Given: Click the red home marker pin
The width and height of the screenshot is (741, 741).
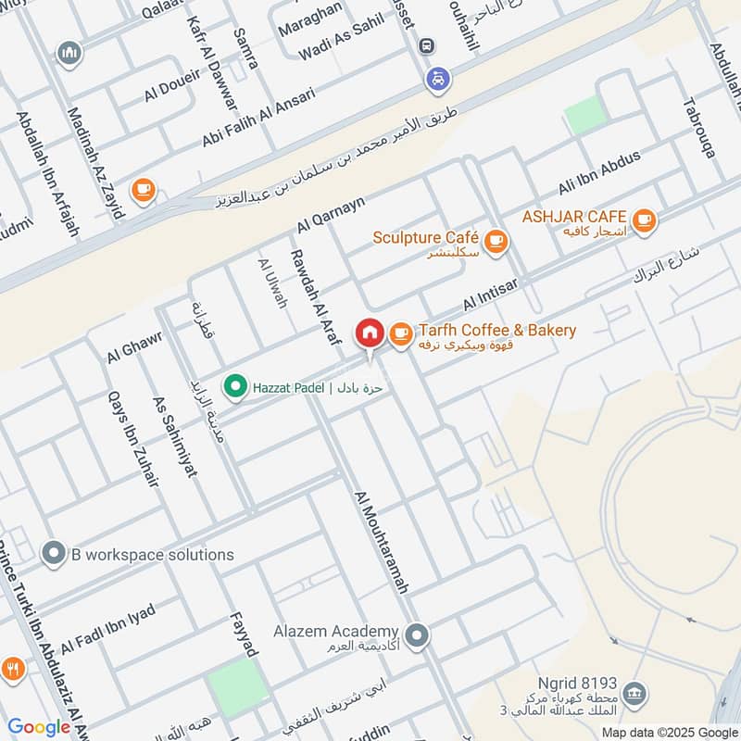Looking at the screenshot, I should tap(369, 333).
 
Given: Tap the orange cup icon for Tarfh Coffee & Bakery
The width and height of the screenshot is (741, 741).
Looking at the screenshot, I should tap(400, 333).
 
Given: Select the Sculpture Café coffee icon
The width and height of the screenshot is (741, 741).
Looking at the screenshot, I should tap(496, 241).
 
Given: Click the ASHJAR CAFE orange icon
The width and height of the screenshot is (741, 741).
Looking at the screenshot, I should tap(646, 220).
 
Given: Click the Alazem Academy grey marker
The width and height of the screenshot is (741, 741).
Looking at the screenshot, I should tap(418, 634).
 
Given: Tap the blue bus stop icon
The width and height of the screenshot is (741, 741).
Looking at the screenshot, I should tap(426, 45).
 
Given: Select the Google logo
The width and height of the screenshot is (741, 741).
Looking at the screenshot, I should tap(39, 727).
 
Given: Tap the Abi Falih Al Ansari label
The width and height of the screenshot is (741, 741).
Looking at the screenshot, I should tap(258, 118).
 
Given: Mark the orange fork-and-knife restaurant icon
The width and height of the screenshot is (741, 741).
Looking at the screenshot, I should tap(13, 668).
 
